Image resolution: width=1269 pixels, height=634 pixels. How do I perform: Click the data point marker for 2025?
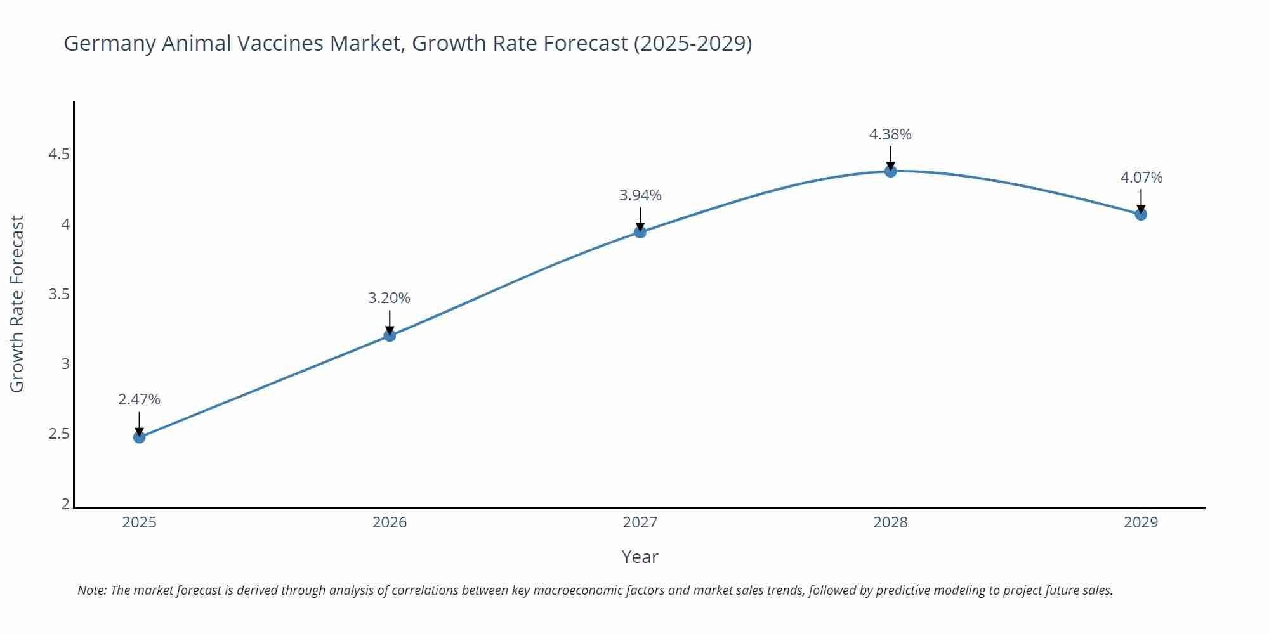[139, 437]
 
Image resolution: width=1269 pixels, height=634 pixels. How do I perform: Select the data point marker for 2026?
[390, 335]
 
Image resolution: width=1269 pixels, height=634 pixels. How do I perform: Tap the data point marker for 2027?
[640, 232]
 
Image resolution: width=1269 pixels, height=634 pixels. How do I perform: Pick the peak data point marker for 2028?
[890, 171]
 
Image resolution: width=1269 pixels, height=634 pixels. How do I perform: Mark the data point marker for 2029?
[1141, 214]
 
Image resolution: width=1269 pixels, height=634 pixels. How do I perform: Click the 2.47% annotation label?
[139, 399]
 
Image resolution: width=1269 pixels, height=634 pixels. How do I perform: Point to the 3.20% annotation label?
[389, 298]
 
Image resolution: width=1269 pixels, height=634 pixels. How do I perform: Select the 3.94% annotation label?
[640, 195]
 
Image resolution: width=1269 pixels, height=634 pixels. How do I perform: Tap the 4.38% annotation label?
[890, 134]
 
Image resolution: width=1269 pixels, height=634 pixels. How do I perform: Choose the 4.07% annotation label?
[1141, 178]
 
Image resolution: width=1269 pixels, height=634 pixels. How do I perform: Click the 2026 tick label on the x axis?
[390, 522]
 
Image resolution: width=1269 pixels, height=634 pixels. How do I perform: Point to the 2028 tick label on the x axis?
[890, 522]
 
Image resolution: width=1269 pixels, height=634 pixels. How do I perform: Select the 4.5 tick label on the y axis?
[59, 155]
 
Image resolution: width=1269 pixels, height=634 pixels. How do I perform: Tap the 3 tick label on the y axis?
[65, 364]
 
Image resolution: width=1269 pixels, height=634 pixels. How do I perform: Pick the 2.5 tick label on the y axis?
[59, 434]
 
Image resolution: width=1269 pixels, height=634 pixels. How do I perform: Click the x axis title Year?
[640, 557]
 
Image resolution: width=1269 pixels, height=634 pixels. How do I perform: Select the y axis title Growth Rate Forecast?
[17, 304]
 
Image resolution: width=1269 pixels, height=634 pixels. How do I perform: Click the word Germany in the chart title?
[109, 44]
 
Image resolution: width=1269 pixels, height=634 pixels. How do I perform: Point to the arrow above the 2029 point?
[1141, 200]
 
